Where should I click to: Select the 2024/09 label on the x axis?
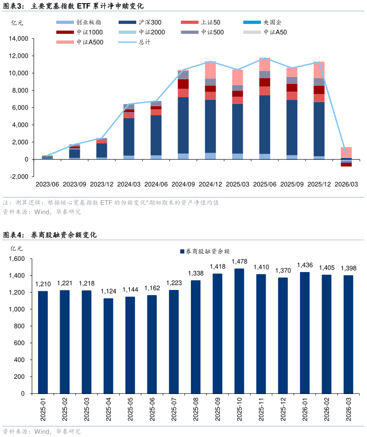point(183,184)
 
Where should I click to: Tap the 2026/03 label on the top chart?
point(346,184)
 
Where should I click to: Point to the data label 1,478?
point(239,262)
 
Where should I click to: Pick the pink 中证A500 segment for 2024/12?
point(211,70)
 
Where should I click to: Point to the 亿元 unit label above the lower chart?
point(17,248)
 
